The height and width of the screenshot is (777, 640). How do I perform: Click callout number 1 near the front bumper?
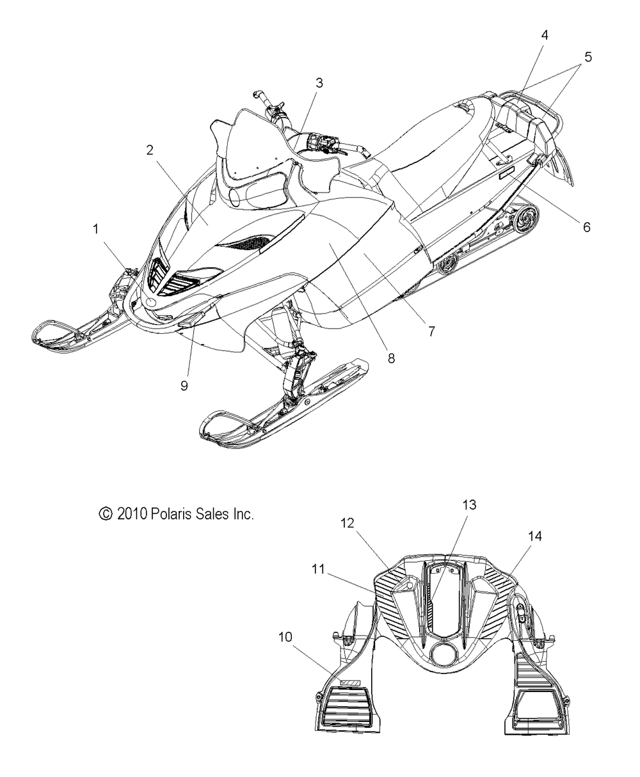(96, 229)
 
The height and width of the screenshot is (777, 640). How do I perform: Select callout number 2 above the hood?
(150, 150)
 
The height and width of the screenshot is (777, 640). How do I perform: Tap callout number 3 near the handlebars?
(319, 83)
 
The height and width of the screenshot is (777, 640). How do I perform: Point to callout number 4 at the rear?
(545, 35)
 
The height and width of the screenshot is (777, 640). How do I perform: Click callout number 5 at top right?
(588, 57)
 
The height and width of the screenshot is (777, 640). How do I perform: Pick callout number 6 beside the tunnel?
(586, 227)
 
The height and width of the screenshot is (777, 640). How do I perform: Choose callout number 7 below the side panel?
(432, 331)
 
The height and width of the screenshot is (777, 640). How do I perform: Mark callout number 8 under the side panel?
(391, 357)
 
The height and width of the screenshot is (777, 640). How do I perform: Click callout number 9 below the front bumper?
(184, 386)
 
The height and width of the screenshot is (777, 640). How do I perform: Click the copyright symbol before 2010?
(106, 514)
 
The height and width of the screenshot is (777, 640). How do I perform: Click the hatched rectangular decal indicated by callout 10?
(350, 683)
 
